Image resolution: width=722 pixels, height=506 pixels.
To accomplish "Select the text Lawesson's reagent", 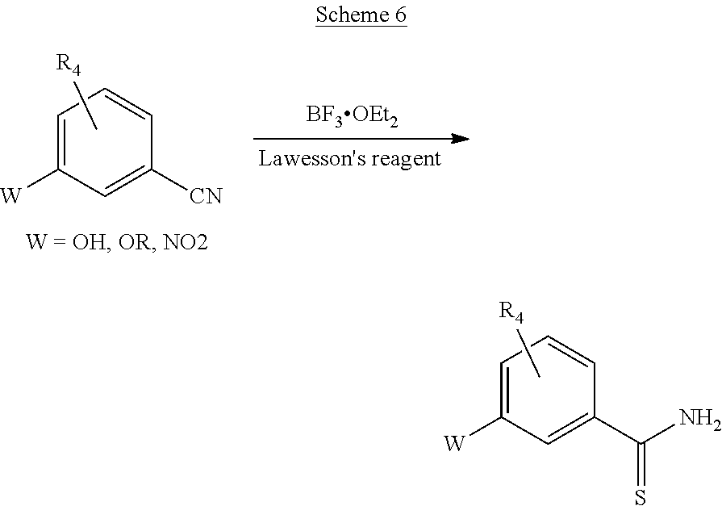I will click(x=349, y=159).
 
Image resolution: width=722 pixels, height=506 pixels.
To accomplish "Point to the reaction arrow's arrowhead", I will click(x=460, y=139).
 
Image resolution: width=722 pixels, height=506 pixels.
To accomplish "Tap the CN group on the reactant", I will click(x=206, y=196).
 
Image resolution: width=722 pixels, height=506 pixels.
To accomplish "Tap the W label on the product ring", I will click(x=455, y=443).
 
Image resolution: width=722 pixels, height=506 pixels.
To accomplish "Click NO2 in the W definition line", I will click(x=185, y=242).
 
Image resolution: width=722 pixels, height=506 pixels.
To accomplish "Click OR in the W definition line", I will click(x=131, y=242).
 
